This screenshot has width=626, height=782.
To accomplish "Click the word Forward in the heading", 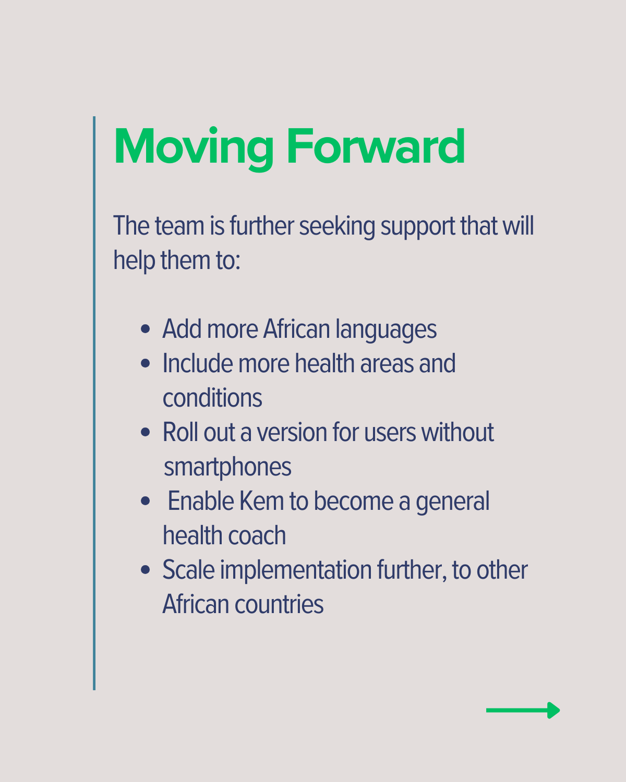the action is [x=376, y=146].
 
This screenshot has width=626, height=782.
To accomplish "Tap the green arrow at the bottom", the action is [x=523, y=711].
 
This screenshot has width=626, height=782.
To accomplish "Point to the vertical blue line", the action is [x=94, y=403].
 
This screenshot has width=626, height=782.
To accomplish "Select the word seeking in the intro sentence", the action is [x=337, y=227].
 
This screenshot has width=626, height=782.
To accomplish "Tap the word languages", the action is [x=386, y=330].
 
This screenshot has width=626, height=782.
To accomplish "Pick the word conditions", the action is [x=212, y=398].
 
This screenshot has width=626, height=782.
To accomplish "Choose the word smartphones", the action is [x=227, y=467].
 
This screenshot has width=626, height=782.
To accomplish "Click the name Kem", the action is [x=262, y=501].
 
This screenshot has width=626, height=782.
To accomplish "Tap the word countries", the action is [x=279, y=604].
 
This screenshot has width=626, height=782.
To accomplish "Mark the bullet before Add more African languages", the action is [x=145, y=329].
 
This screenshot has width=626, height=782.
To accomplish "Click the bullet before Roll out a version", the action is [x=145, y=432].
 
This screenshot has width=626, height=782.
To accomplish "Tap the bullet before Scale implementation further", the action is [x=145, y=569].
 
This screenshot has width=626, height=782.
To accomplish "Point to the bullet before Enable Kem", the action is [x=145, y=501].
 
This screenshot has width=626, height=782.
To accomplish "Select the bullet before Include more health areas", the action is [x=145, y=363].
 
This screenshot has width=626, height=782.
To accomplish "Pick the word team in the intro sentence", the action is [x=179, y=226].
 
